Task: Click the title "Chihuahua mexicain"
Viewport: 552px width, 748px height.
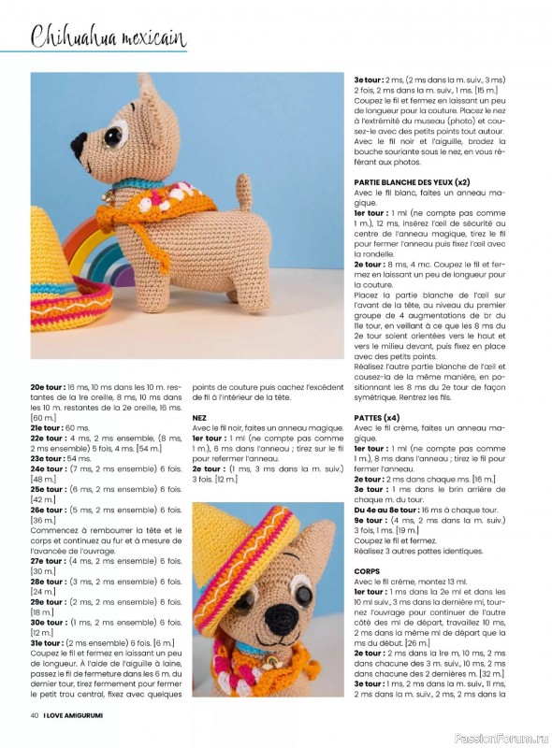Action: pos(109,37)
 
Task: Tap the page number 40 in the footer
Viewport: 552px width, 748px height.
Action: pos(35,716)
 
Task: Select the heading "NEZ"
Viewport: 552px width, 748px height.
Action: pos(199,419)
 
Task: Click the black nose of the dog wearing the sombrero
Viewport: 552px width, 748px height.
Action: pos(282,615)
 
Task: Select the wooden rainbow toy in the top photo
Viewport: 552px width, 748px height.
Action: pos(94,252)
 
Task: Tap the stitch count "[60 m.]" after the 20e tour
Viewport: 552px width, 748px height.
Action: pos(44,418)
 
